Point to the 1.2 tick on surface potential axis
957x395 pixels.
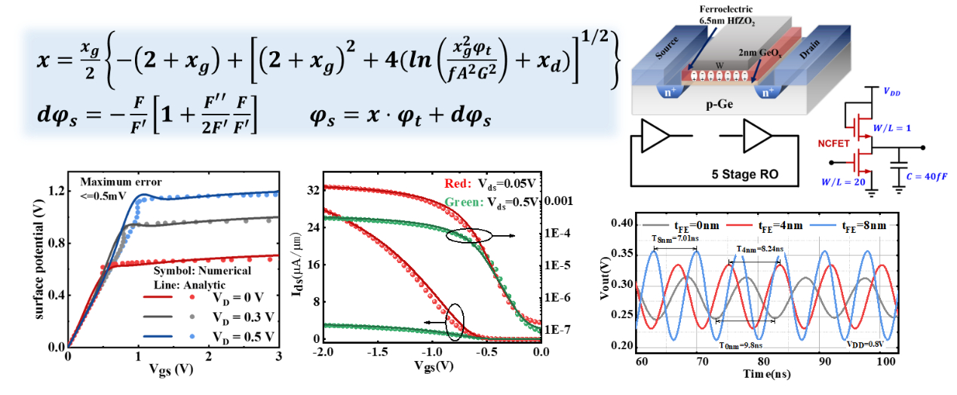(x=54, y=191)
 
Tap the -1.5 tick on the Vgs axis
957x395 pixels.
(x=377, y=353)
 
